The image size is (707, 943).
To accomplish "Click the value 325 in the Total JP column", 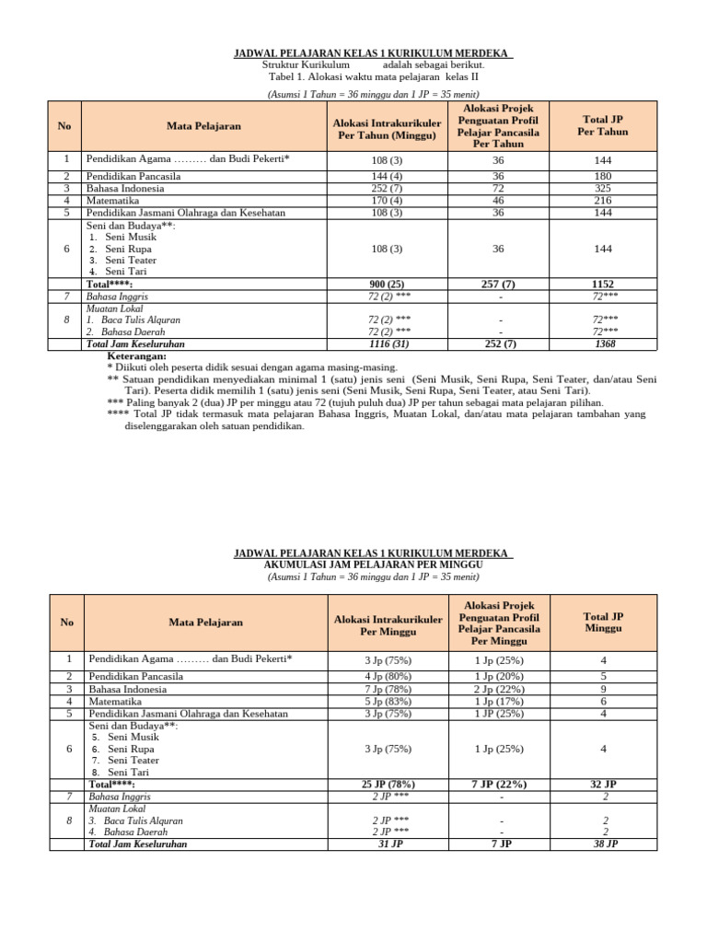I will pos(603,188).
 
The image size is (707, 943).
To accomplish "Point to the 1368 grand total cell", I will pos(603,343).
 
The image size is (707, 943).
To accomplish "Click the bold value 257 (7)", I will pos(499,285).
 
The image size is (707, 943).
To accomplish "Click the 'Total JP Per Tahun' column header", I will pos(603,125).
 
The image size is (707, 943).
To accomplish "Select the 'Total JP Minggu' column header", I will pos(603,622).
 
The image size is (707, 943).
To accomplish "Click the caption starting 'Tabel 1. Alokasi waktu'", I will pos(373,78).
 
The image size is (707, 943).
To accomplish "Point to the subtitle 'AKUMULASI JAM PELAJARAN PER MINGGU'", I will pos(373,565).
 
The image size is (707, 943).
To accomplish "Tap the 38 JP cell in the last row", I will pos(603,844).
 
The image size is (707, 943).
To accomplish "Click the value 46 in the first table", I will pos(499,200).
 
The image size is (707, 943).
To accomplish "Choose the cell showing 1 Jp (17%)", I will pos(499,701).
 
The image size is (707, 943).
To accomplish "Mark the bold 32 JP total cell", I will pos(603,785).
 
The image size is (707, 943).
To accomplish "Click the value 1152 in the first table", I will pos(603,285).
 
